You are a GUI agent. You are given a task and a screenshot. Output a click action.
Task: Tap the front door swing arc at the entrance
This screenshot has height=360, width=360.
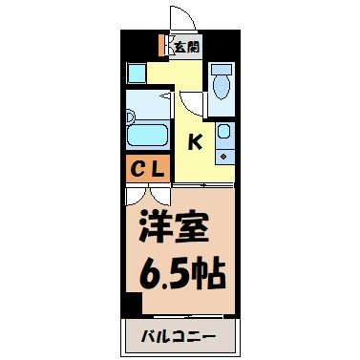click(180, 18)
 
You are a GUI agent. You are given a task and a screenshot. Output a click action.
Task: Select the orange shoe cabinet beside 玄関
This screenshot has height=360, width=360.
click(162, 45)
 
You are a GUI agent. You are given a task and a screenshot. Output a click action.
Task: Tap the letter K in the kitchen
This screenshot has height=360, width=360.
click(194, 142)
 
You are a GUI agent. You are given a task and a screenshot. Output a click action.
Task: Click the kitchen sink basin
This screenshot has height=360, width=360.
click(223, 132)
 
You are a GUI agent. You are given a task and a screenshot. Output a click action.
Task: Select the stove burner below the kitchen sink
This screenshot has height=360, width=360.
click(223, 153)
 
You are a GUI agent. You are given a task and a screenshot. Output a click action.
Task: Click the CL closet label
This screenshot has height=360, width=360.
click(149, 170)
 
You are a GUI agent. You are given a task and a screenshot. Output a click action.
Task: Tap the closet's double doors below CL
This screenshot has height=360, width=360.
click(149, 193)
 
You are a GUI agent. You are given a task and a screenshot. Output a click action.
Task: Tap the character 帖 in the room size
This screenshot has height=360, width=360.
click(209, 276)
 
